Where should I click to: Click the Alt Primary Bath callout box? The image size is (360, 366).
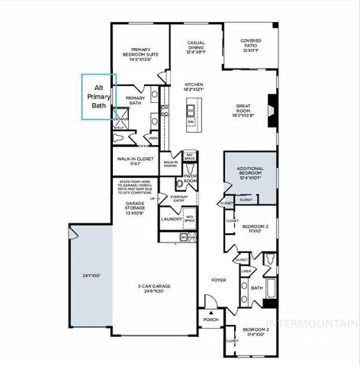click(x=99, y=96)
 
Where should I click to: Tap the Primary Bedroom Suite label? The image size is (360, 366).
click(x=141, y=55)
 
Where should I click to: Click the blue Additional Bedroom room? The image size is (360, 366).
click(x=249, y=175)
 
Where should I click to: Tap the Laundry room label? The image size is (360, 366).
click(x=170, y=220)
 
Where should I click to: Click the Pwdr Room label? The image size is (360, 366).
click(x=190, y=180)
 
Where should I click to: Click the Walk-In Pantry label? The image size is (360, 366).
click(x=170, y=162)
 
